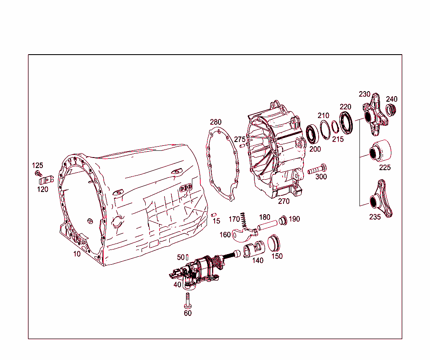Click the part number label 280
point(215,122)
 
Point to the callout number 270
point(284,201)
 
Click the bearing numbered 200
point(312,134)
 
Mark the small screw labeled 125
point(39,173)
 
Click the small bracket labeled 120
point(45,181)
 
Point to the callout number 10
point(76,254)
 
